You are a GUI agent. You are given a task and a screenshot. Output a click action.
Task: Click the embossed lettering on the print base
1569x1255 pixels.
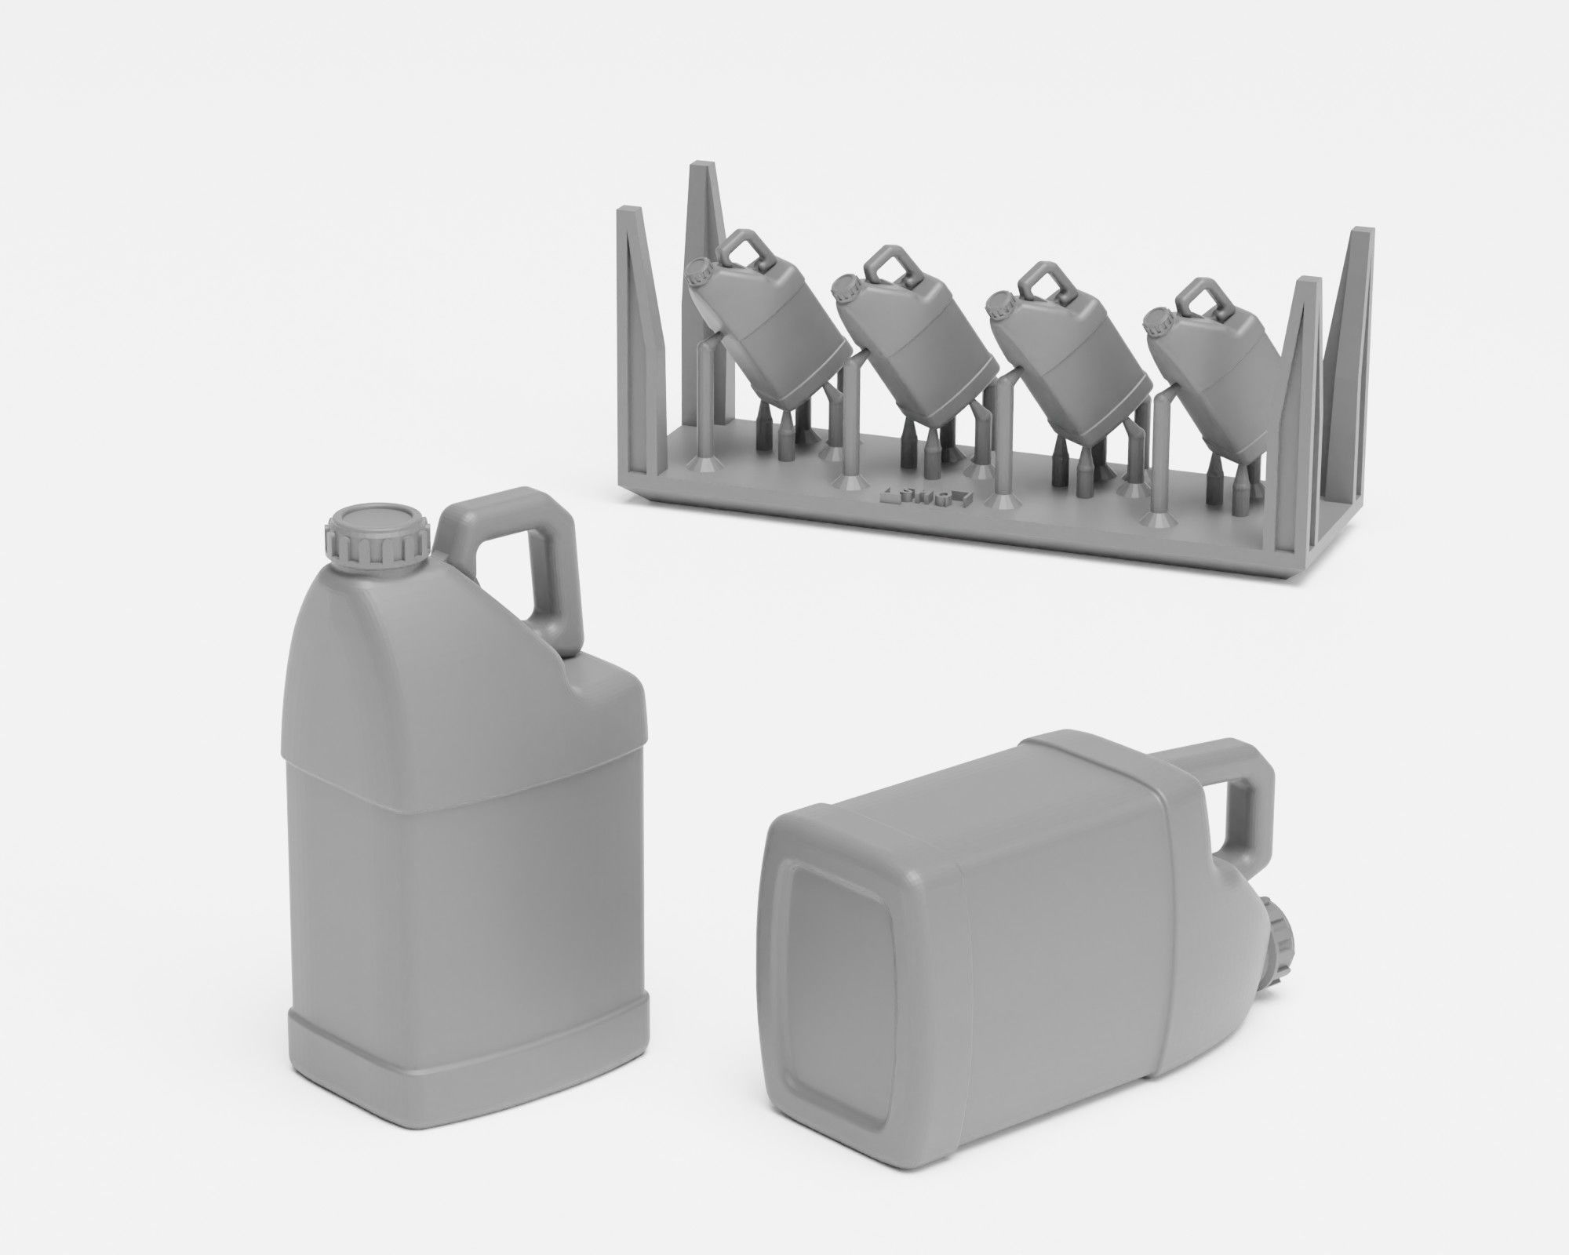click(926, 497)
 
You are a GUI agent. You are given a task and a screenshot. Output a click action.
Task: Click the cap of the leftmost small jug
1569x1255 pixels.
click(697, 275)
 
